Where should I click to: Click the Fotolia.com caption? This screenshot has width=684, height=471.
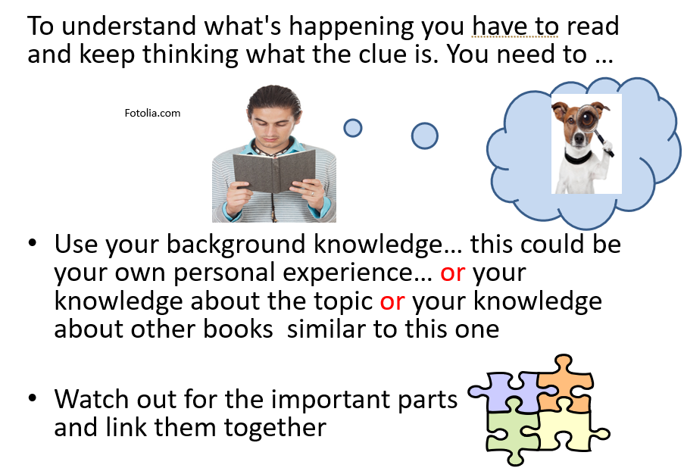tap(152, 114)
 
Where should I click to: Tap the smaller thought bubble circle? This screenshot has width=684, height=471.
tap(353, 128)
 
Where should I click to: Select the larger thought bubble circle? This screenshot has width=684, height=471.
tap(424, 136)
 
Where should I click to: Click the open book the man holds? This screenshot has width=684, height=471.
tap(274, 171)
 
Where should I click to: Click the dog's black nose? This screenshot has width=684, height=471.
tap(579, 139)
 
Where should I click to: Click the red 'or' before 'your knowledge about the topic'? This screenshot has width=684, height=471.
tap(452, 273)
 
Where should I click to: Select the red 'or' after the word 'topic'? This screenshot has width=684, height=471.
tap(392, 301)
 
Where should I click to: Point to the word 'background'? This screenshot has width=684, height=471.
tap(236, 245)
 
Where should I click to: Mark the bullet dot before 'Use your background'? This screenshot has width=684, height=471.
tap(33, 242)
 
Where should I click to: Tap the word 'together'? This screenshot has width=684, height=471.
tap(275, 427)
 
